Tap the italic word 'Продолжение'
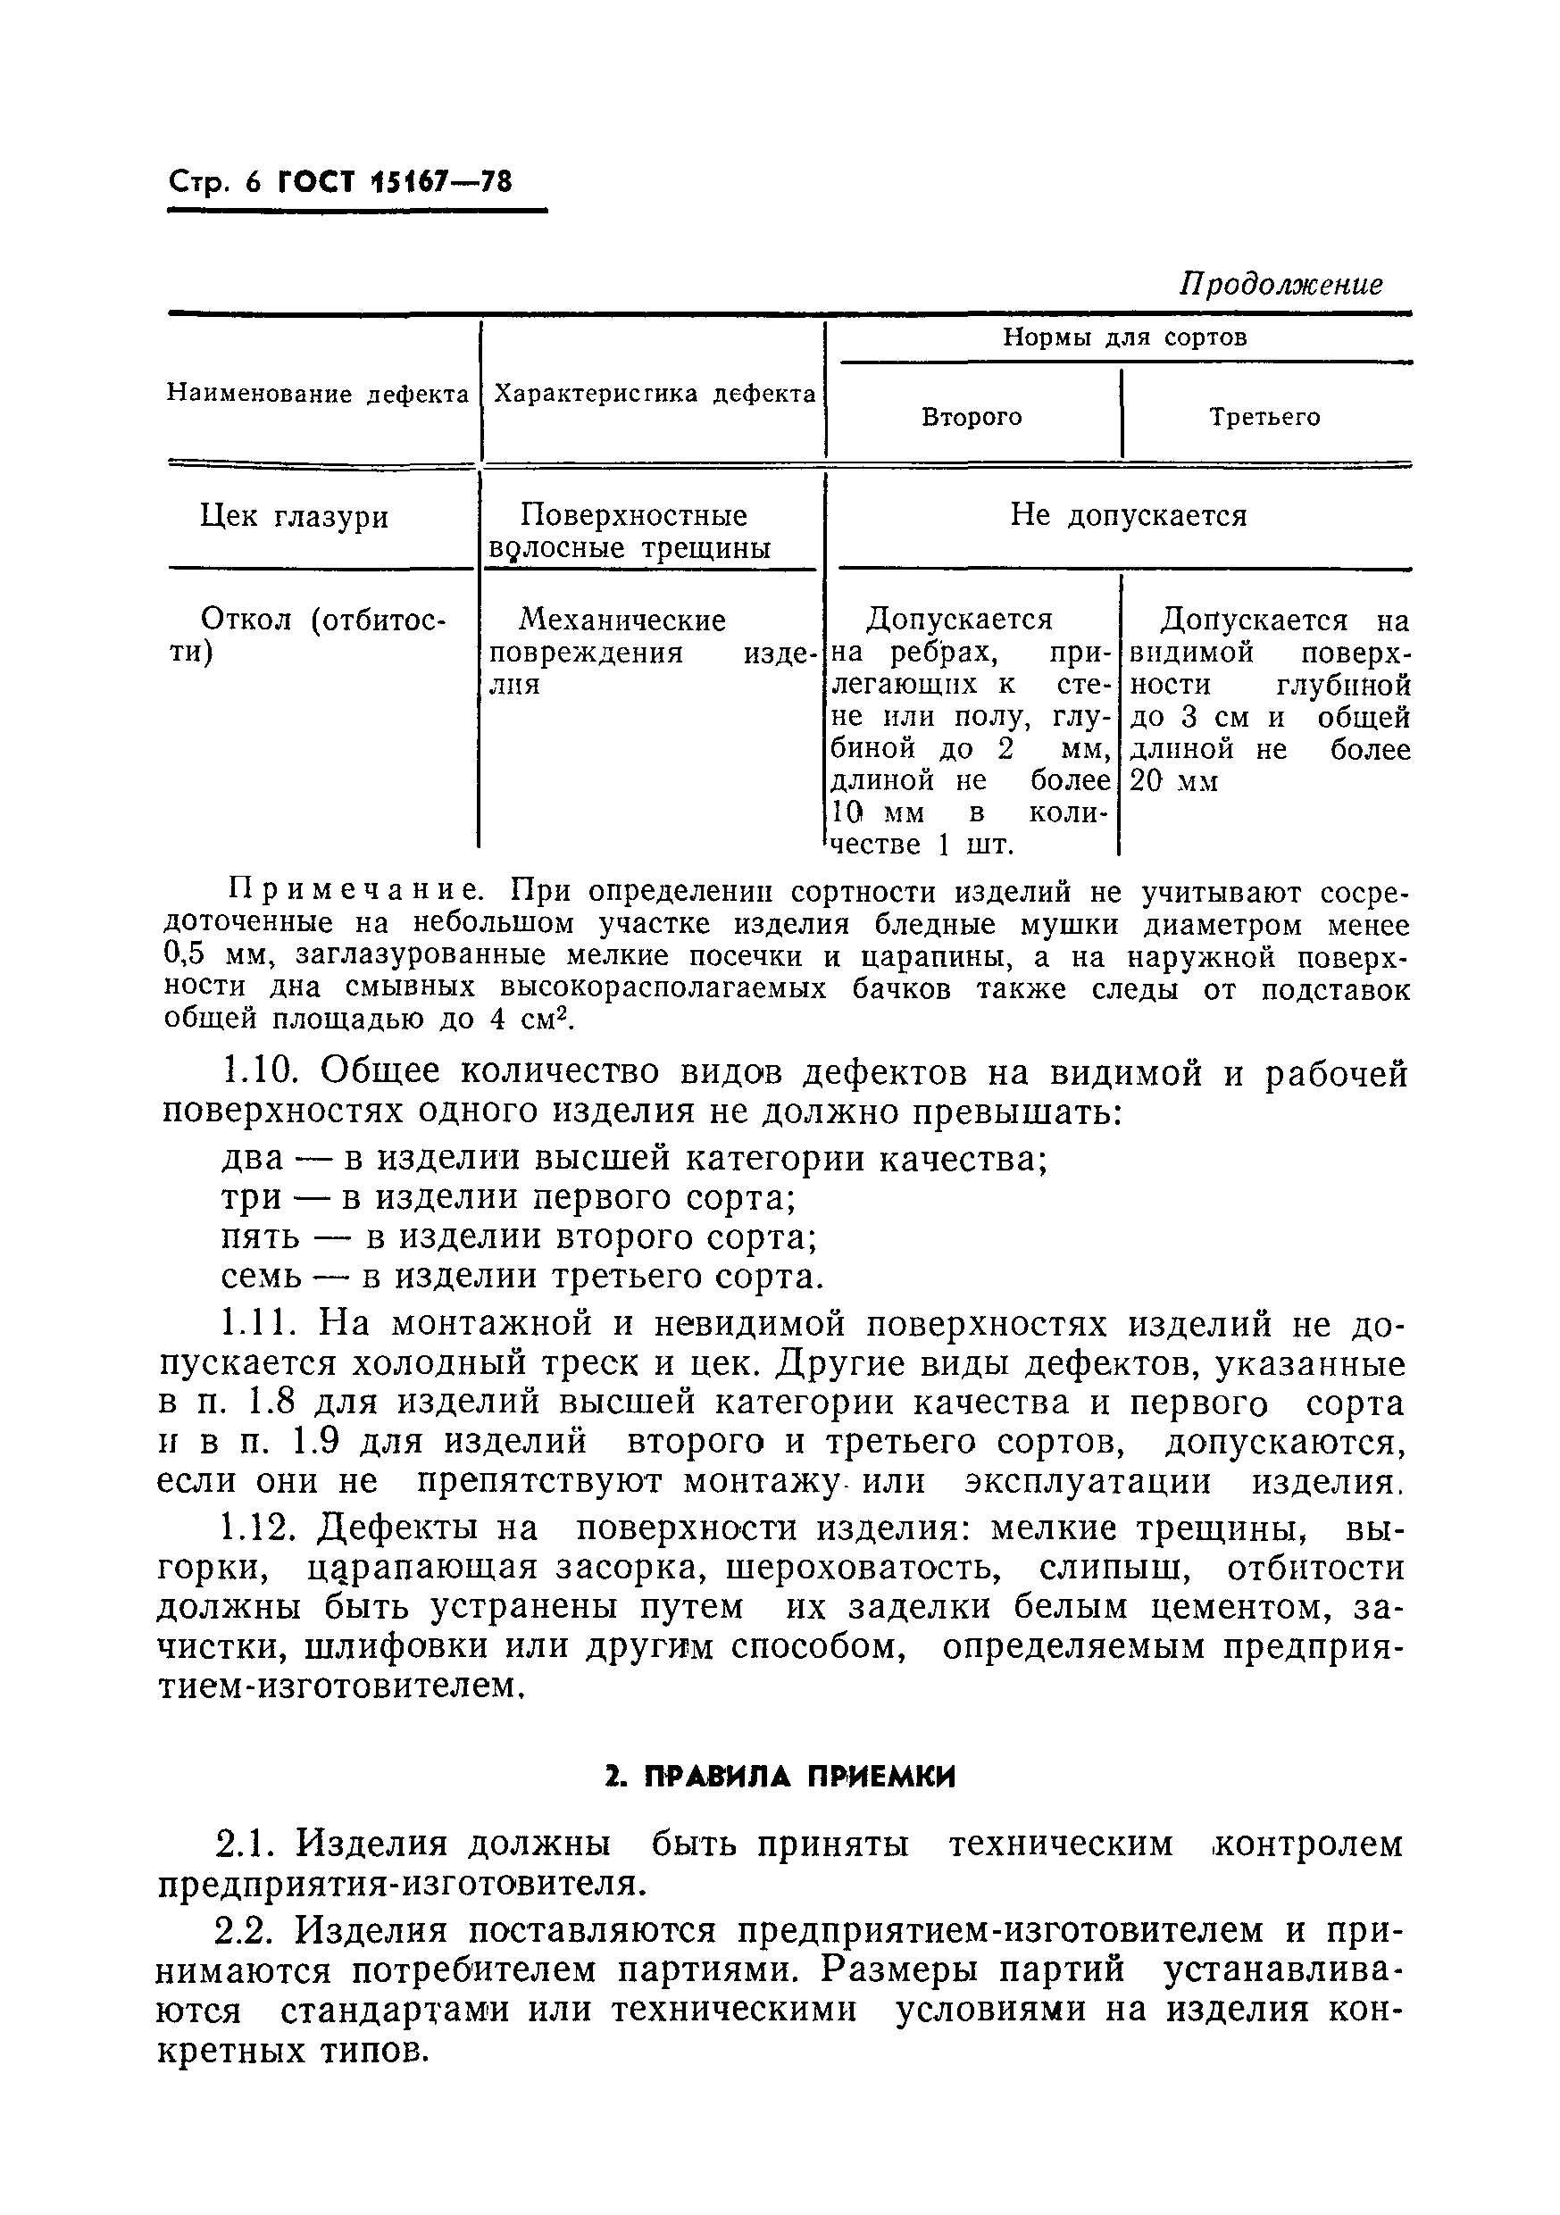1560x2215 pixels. click(1281, 284)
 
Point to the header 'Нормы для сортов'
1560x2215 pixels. click(1124, 337)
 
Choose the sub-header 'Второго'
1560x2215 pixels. click(972, 418)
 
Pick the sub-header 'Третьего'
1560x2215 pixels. click(1264, 418)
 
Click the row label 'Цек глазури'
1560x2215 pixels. click(295, 517)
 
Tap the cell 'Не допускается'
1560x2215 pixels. click(1128, 515)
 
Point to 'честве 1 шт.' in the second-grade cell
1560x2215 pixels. click(922, 845)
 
